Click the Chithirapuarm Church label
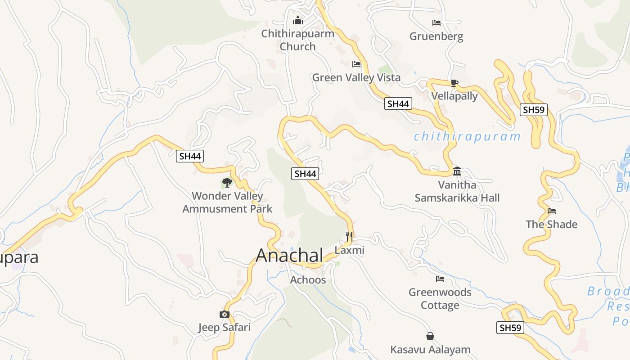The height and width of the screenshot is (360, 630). point(298,40)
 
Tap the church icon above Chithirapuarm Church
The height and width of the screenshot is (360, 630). point(298,20)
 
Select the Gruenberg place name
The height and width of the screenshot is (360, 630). point(436,36)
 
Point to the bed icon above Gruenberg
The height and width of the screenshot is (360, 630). point(436,22)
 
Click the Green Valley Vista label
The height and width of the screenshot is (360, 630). point(356,77)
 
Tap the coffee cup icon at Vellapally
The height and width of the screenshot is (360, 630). point(454,83)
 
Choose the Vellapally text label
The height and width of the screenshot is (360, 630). point(454,96)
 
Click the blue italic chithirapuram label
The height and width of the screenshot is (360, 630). point(467,136)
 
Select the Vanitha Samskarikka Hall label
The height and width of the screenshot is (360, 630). point(457,191)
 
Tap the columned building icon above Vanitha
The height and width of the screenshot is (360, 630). point(457,171)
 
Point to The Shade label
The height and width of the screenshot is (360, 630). point(551,224)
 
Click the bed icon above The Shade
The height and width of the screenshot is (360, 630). point(552,211)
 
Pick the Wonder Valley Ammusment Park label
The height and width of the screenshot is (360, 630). point(227,202)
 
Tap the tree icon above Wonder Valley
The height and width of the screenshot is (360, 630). point(227,182)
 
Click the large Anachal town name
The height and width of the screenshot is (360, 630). point(289,255)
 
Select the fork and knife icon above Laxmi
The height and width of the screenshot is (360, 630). point(349,235)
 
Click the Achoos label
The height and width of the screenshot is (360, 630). point(308,280)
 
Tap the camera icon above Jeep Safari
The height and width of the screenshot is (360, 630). point(224,314)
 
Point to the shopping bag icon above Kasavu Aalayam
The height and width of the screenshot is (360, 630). point(430,336)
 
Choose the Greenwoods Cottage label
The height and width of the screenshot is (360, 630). point(440,298)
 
